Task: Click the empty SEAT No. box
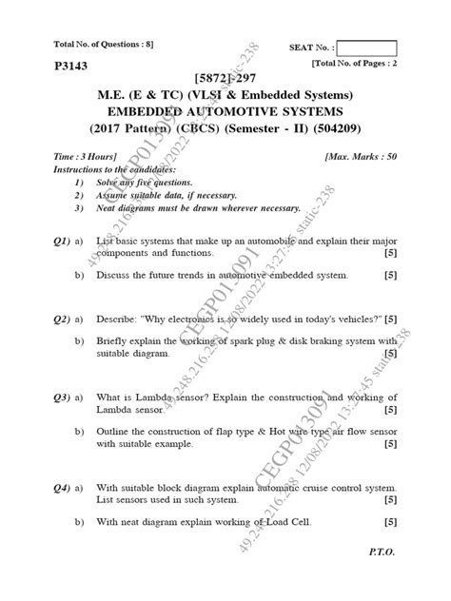point(366,48)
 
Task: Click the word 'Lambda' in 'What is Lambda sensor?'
point(155,397)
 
